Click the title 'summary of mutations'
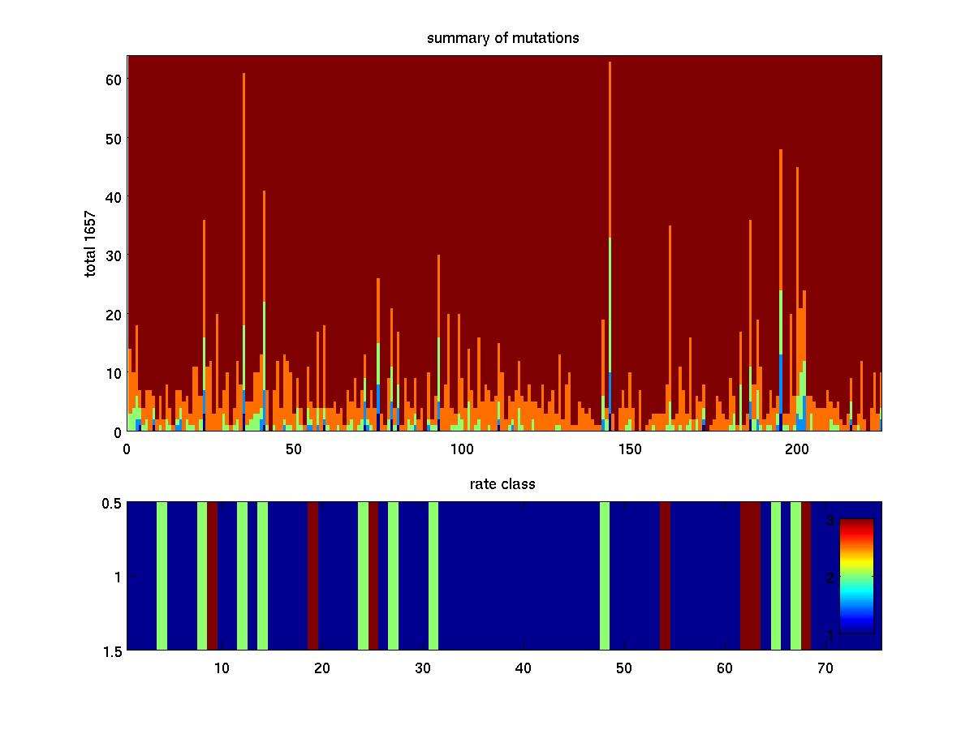[503, 38]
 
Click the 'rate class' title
[502, 484]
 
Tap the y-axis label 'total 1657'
[91, 243]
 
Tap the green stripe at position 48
[605, 576]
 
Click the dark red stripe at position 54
[665, 576]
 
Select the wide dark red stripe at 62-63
[750, 576]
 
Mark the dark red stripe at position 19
[312, 576]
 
